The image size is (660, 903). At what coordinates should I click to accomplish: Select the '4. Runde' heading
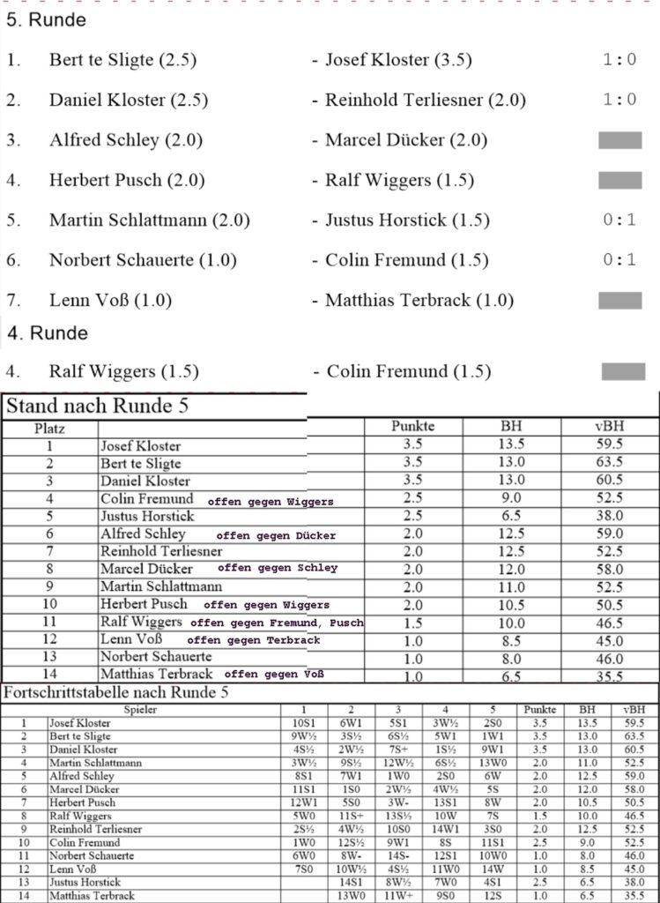click(48, 333)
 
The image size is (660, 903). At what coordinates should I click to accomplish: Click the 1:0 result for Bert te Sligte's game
click(619, 60)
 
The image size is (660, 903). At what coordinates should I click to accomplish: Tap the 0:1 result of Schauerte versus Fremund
click(619, 260)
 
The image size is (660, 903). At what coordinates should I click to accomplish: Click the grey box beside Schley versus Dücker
click(619, 140)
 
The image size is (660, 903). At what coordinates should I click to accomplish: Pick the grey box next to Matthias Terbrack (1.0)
click(619, 301)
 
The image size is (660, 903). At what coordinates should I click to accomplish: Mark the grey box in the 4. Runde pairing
click(623, 371)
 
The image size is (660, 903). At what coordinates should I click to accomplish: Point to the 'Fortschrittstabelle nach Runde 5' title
click(116, 693)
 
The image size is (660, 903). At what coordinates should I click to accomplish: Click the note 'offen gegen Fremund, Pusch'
click(276, 623)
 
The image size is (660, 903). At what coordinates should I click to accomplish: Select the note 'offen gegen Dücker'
click(275, 535)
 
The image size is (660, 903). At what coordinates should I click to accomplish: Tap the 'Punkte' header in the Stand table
click(412, 427)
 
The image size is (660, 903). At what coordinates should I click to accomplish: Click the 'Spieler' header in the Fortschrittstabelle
click(141, 709)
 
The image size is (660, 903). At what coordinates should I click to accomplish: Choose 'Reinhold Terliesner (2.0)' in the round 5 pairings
click(425, 101)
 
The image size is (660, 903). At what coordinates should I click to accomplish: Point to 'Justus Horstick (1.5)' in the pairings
click(407, 220)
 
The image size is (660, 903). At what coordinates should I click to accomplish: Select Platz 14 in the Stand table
click(50, 675)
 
